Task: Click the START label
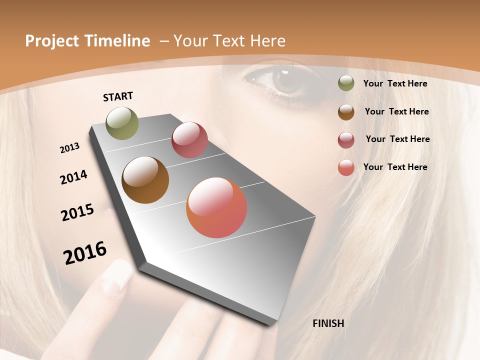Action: tap(118, 96)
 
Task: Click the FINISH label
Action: tap(328, 323)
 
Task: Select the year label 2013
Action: tap(69, 148)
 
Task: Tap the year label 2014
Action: tap(73, 177)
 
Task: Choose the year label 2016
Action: tap(85, 253)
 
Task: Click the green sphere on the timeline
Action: tap(122, 123)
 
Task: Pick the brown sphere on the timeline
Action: tap(145, 180)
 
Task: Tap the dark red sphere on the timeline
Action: tap(189, 140)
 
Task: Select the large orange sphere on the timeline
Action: tap(216, 207)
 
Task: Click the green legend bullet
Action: tap(346, 83)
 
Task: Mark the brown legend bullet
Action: tap(346, 111)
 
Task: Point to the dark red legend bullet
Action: tap(346, 139)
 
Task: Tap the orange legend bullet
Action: tap(346, 167)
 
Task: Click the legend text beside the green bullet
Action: tap(395, 83)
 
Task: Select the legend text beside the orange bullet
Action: tap(395, 167)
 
